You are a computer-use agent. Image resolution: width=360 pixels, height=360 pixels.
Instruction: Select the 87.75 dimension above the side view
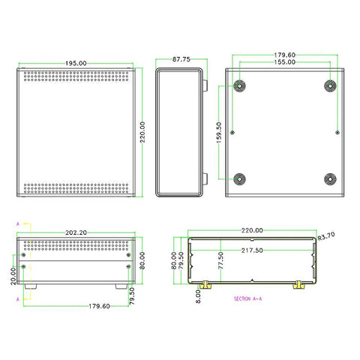pyautogui.click(x=181, y=58)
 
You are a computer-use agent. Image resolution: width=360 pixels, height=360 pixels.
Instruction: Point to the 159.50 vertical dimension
pyautogui.click(x=218, y=133)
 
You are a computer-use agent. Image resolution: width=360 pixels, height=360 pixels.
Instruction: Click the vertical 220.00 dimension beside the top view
pyautogui.click(x=142, y=133)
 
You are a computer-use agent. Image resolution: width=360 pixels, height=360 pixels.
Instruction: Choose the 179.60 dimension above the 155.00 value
pyautogui.click(x=284, y=55)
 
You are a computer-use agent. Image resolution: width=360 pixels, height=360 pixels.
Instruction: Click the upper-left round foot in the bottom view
pyautogui.click(x=239, y=85)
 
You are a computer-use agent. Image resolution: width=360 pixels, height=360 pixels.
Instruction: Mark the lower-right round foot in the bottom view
pyautogui.click(x=329, y=179)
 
